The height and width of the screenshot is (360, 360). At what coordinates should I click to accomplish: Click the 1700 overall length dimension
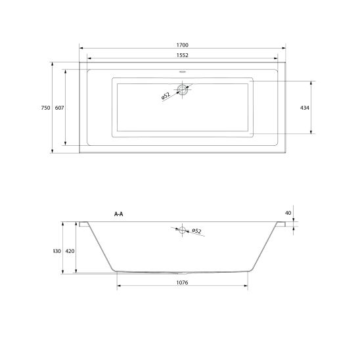[x=182, y=45]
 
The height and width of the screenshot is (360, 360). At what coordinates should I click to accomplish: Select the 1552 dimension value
[x=182, y=55]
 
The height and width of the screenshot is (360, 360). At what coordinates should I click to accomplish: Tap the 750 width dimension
[x=45, y=108]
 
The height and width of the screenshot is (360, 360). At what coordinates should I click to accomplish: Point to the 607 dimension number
[x=59, y=108]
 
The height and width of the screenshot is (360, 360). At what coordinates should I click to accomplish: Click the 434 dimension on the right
[x=305, y=108]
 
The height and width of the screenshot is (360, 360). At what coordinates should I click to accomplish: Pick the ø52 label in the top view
[x=166, y=96]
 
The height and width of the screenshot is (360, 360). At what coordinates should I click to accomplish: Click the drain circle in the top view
[x=182, y=90]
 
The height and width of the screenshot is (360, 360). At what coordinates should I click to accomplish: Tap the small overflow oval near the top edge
[x=182, y=72]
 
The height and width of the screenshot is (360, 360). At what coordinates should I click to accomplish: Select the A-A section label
[x=119, y=214]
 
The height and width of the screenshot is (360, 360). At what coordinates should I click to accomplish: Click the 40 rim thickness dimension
[x=288, y=213]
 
